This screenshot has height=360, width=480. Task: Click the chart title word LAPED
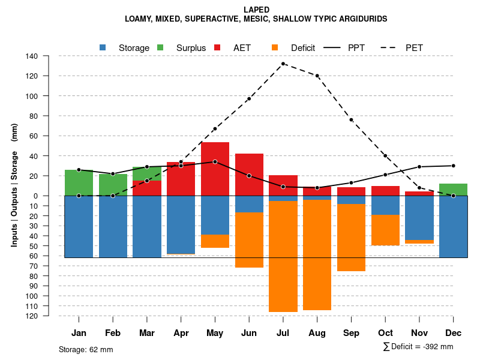256,10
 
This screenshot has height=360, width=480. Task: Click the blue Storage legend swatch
103,47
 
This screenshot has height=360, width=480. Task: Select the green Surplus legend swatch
160,47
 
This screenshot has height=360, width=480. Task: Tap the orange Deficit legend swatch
275,47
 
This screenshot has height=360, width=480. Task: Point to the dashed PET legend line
391,47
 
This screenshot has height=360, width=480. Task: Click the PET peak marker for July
283,64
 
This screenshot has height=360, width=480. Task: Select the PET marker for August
317,76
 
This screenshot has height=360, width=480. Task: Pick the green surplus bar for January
79,182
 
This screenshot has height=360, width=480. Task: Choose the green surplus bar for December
454,190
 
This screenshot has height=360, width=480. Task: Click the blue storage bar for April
181,224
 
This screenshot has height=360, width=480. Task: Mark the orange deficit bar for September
352,238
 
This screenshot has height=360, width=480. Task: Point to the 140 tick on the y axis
32,56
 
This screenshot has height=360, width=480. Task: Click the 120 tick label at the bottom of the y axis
32,316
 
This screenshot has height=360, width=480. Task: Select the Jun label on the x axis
249,333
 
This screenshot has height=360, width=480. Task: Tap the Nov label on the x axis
419,333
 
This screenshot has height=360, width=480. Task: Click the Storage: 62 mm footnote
86,349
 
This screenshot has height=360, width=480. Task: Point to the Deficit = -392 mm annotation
418,347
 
